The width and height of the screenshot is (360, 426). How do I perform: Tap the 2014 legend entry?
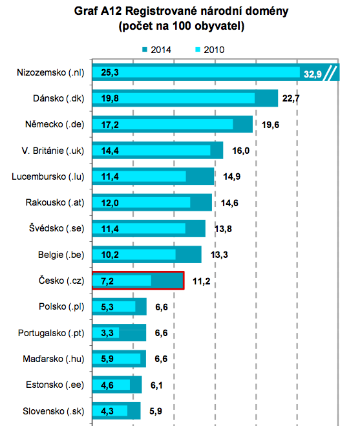pos(156,50)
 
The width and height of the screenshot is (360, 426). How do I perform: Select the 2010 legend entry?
pos(210,50)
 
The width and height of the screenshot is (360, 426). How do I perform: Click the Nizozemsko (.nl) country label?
pos(50,72)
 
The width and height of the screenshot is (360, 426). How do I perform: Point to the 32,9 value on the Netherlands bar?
pos(312,74)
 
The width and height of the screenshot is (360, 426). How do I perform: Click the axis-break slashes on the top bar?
pos(331,73)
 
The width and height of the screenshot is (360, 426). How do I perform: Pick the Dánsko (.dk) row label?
pos(59,98)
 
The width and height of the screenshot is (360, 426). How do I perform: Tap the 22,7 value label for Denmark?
pos(291,98)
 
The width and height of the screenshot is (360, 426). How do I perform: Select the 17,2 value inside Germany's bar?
pos(110,125)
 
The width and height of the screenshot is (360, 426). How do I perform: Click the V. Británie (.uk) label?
pos(53,151)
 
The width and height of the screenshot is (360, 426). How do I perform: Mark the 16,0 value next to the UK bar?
pos(240,151)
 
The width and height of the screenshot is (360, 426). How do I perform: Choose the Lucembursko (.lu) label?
pos(48,176)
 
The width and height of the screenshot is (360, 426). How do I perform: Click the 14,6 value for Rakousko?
pos(229,203)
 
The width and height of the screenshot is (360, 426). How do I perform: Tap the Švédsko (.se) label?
pos(57,228)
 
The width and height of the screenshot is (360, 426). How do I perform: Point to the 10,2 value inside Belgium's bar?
pos(110,255)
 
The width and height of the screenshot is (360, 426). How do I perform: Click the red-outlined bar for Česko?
pos(138,281)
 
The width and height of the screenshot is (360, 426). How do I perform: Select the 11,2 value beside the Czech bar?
pos(201,281)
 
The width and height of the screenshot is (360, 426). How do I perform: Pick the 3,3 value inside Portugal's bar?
pos(107,333)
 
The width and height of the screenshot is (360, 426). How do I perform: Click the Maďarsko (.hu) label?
pos(54,359)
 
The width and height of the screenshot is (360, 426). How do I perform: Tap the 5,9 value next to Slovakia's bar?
pos(156,411)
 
